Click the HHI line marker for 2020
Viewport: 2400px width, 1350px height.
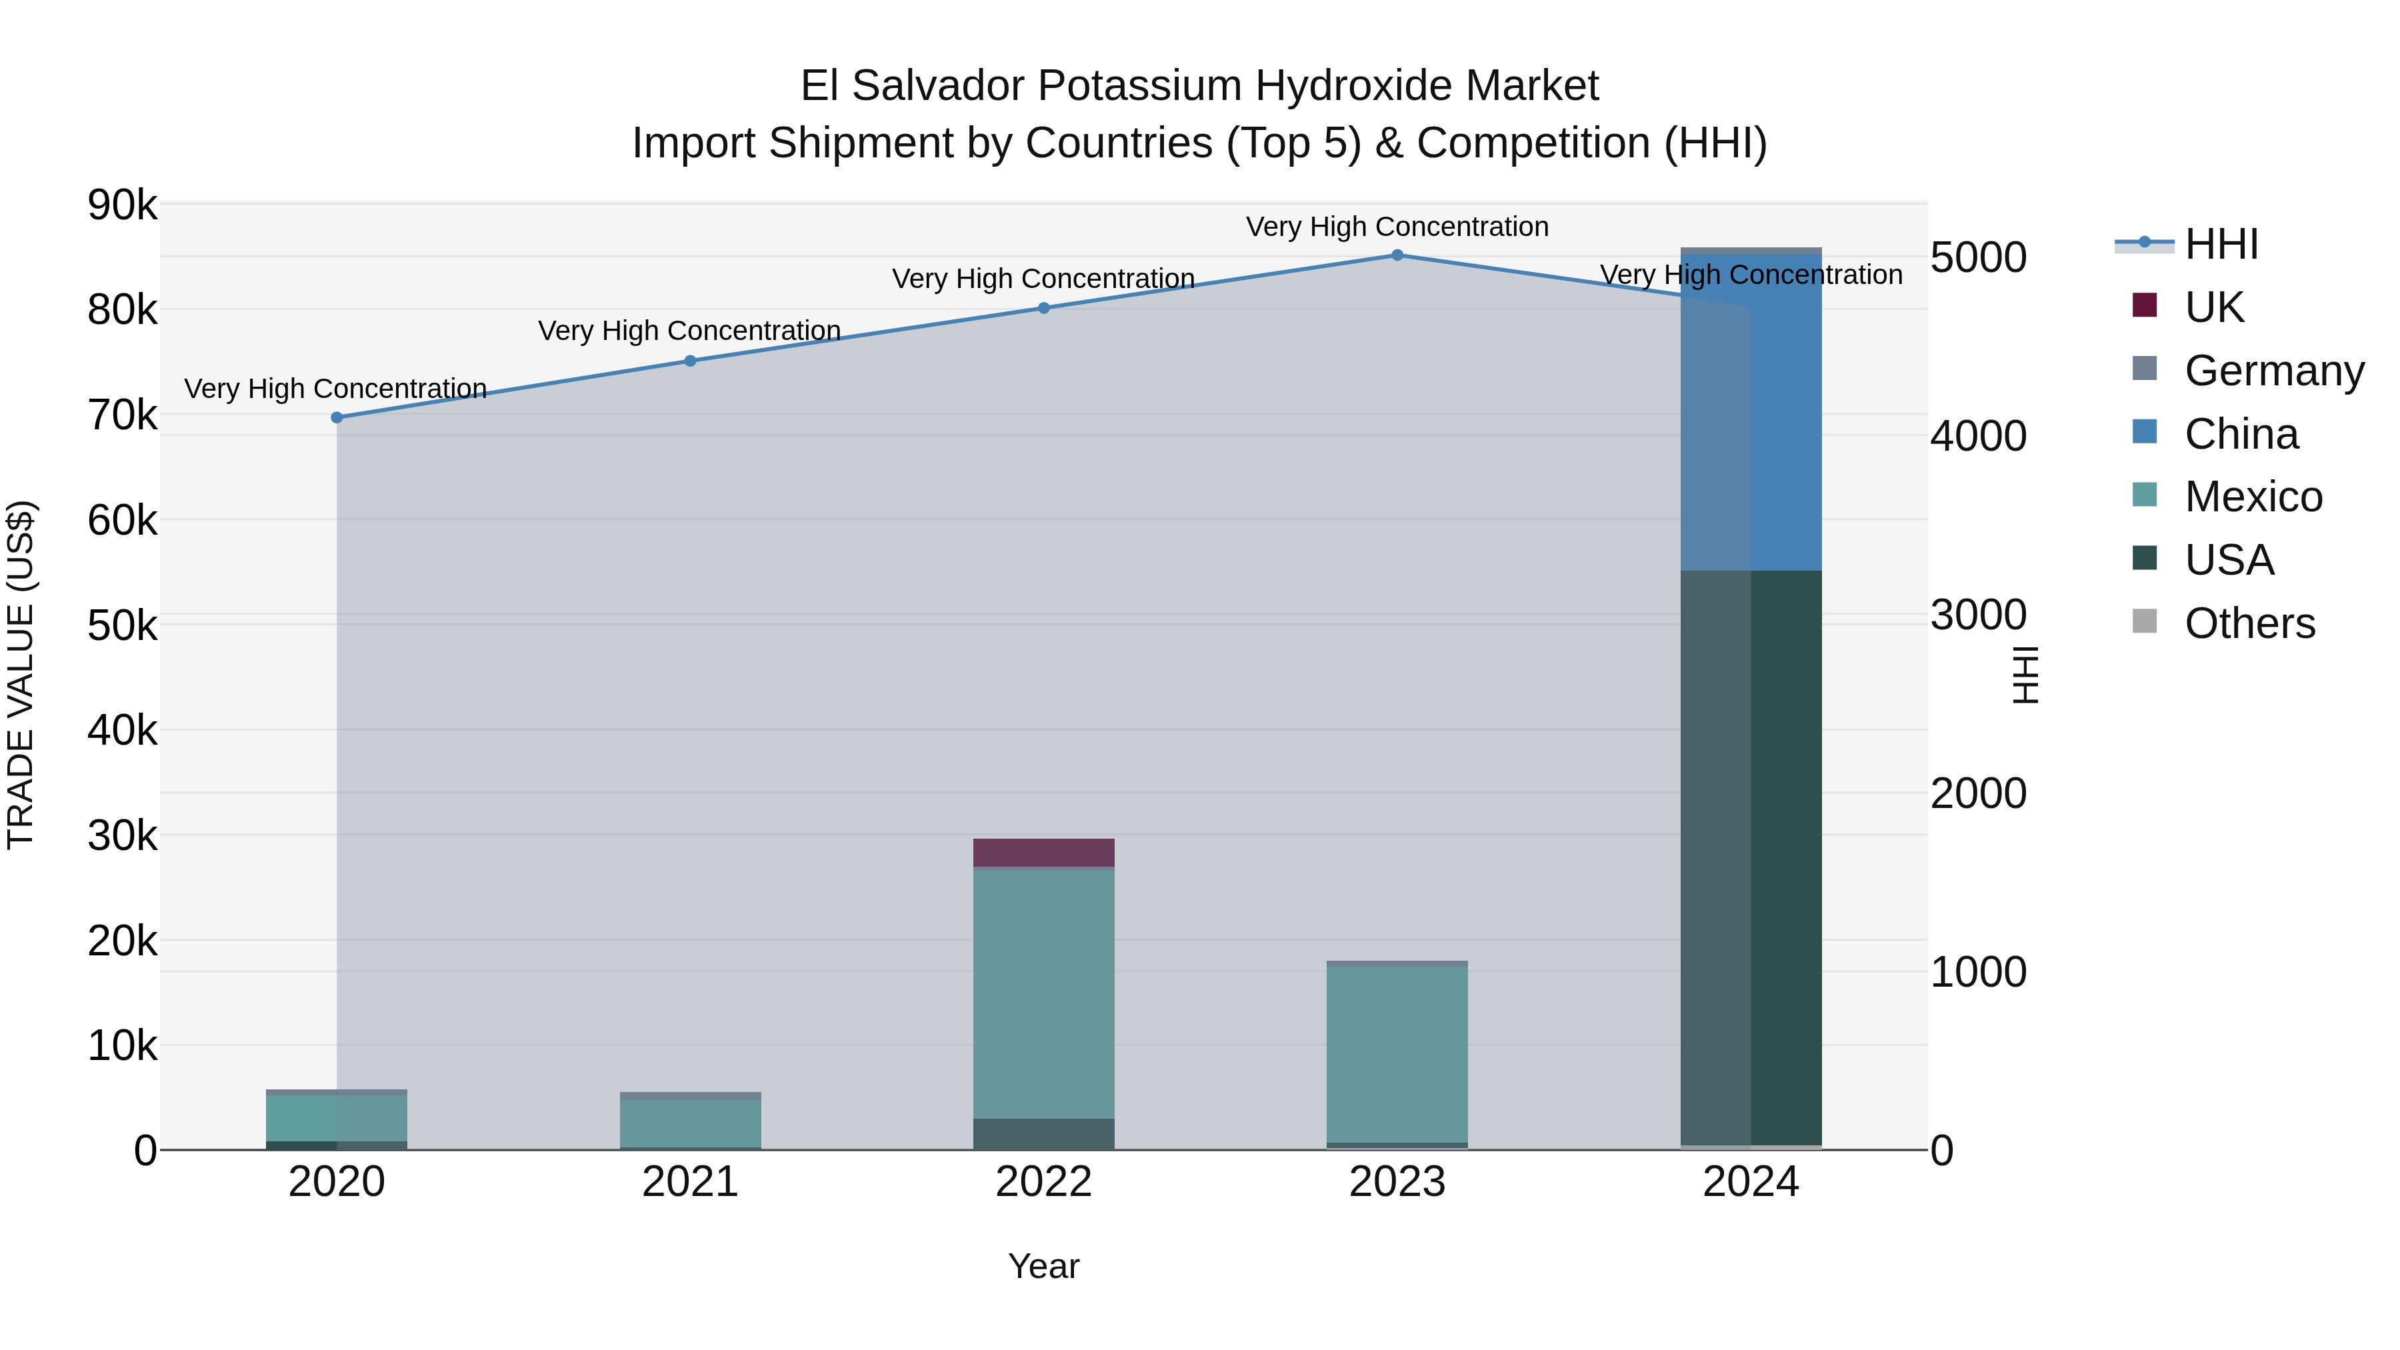[337, 417]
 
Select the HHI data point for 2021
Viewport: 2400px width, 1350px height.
[691, 361]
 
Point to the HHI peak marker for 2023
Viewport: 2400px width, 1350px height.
[1397, 255]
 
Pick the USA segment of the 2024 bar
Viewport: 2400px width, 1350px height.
[1751, 857]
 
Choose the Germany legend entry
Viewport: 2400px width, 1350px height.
[2273, 371]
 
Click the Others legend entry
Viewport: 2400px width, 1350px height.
[2249, 623]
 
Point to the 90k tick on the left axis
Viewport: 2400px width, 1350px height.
[122, 205]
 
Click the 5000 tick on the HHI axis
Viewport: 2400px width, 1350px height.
[1978, 257]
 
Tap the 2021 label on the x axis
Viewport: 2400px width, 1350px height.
[691, 1181]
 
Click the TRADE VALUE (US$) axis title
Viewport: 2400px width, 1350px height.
[21, 675]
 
